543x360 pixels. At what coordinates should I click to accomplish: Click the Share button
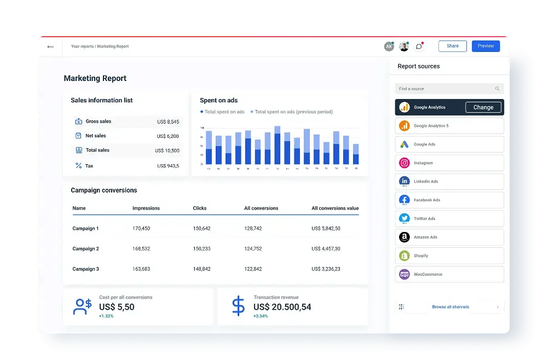tap(452, 46)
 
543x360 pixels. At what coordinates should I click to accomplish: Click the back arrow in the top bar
tap(50, 47)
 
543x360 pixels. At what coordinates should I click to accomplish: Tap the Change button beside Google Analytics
tap(483, 107)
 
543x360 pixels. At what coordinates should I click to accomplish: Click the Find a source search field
tap(449, 89)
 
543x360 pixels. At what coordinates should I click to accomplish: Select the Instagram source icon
tap(405, 163)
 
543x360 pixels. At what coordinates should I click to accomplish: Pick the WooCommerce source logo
tap(405, 274)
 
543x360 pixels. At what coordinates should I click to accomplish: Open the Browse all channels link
tap(450, 307)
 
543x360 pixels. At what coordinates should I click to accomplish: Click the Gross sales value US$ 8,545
tap(168, 122)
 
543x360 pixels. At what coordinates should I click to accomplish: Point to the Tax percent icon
tap(78, 166)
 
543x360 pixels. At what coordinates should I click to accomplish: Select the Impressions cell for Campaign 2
tap(141, 249)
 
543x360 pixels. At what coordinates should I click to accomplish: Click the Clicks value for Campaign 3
tap(201, 269)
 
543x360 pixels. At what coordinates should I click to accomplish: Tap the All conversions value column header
tap(335, 208)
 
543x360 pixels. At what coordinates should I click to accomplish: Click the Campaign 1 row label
tap(85, 229)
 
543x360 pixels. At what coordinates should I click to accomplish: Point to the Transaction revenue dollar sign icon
tap(238, 306)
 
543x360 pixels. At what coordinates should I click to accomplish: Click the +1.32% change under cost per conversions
tap(106, 316)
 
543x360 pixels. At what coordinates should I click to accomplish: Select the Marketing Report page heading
tap(95, 78)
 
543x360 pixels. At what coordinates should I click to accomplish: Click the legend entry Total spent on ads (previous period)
tap(293, 112)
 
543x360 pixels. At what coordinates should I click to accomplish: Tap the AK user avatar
tap(389, 47)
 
